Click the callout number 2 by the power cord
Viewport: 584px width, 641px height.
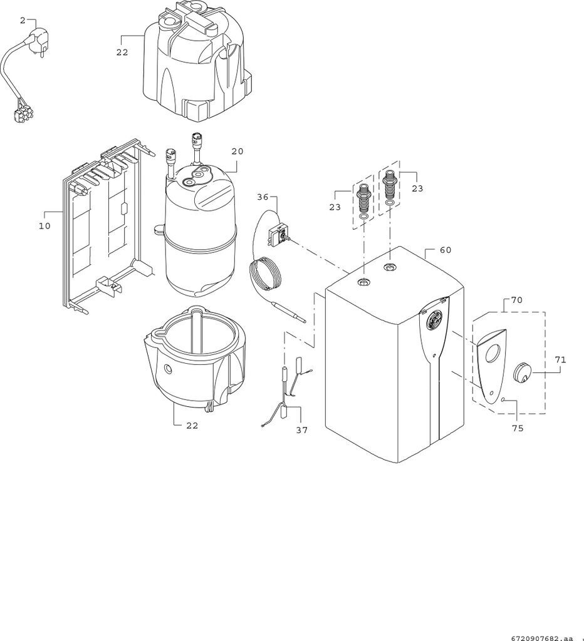(23, 21)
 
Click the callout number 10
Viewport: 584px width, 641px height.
(44, 225)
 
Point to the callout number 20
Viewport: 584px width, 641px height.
(237, 151)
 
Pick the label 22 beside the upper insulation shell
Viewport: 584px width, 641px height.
(122, 53)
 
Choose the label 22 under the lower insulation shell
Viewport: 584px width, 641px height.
(192, 426)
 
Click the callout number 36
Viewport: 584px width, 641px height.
(263, 197)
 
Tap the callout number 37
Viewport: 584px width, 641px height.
(301, 430)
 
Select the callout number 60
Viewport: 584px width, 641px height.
(446, 250)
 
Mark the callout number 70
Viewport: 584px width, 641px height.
(516, 300)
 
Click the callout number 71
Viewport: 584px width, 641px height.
(560, 360)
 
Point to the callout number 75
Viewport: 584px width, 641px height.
(518, 428)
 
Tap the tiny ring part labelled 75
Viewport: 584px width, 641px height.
(503, 398)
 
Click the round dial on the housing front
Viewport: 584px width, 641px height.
(435, 319)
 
